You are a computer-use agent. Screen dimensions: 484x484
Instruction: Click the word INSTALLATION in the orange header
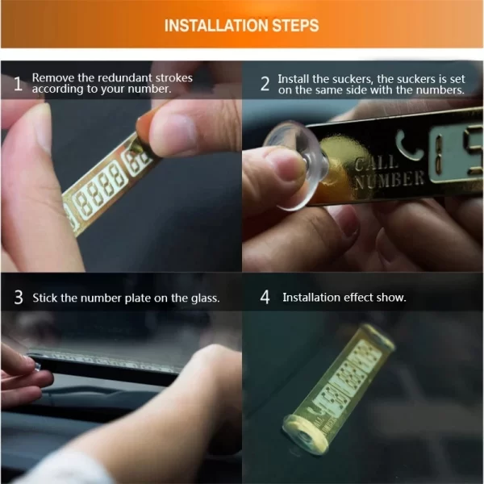click(217, 26)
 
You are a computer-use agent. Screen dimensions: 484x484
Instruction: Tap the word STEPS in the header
click(296, 26)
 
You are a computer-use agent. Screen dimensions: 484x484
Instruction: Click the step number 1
click(19, 84)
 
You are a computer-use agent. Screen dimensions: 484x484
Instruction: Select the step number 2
click(265, 84)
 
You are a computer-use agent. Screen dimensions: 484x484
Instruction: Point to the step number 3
click(19, 298)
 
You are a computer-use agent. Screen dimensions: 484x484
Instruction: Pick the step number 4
click(265, 297)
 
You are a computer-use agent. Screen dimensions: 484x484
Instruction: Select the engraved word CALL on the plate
click(374, 163)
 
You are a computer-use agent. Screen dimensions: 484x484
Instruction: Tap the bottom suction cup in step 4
click(305, 435)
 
